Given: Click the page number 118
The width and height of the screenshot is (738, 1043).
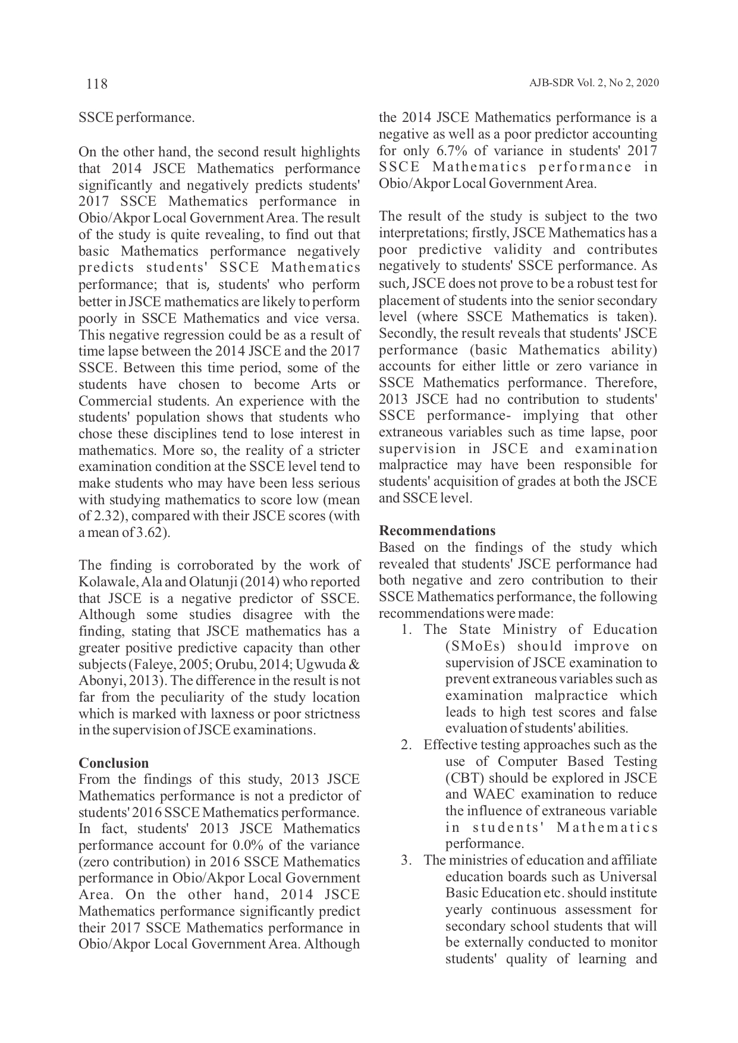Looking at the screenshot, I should [x=97, y=84].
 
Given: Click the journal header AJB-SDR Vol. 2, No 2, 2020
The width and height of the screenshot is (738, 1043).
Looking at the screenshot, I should [x=593, y=83].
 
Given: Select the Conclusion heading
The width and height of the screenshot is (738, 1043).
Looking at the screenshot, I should [x=114, y=763].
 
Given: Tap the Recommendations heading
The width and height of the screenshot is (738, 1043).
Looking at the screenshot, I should [x=437, y=530].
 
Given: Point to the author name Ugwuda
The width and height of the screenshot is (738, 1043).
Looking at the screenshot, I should [x=319, y=664].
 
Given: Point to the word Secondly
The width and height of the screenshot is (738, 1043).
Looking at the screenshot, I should [x=404, y=334].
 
